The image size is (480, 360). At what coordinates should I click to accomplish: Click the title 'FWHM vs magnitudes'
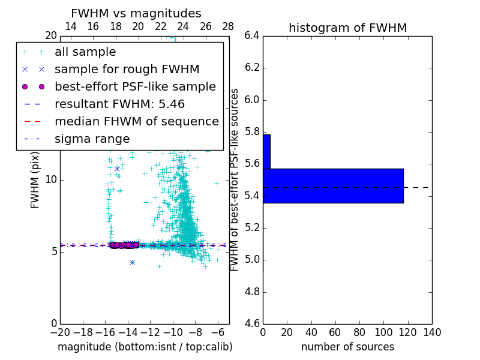(136, 14)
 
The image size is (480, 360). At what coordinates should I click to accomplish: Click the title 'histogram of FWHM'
(347, 28)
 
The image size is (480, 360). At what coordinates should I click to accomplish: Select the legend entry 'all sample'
(85, 52)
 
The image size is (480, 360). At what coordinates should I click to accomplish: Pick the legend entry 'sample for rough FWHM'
(127, 69)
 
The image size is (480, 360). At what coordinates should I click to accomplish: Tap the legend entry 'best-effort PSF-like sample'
(135, 86)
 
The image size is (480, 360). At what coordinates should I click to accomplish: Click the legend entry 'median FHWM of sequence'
(136, 121)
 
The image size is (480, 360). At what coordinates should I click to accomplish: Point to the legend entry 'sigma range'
(92, 139)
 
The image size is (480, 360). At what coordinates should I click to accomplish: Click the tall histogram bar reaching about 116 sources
(333, 185)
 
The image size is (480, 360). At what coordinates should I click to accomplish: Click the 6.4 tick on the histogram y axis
(252, 35)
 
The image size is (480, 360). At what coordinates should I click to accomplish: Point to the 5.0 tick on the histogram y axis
(252, 260)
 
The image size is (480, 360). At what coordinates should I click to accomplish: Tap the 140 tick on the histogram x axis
(432, 332)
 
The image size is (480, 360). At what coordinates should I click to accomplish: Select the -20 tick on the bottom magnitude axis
(60, 332)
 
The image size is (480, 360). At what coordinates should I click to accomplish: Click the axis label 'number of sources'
(347, 347)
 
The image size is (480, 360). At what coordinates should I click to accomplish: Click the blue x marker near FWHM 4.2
(132, 262)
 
